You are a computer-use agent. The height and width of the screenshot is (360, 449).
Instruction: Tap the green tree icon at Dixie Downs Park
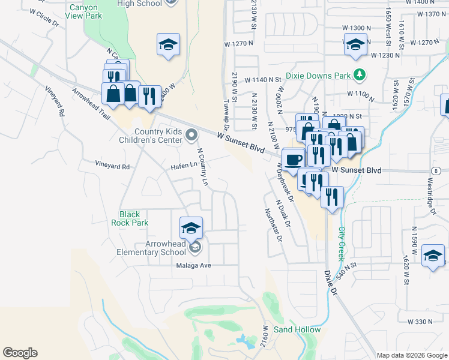[x=360, y=75]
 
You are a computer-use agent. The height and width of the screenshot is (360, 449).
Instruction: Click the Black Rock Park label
[x=129, y=218]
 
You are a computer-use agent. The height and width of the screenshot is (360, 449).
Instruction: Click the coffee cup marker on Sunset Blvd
[x=294, y=160]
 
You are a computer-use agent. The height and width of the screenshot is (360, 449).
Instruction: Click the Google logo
[x=20, y=353]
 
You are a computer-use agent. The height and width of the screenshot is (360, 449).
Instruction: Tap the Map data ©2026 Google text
[x=412, y=355]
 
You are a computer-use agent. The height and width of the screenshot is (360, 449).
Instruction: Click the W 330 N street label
[x=420, y=322]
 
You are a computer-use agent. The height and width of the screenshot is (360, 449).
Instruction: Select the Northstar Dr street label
[x=273, y=224]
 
